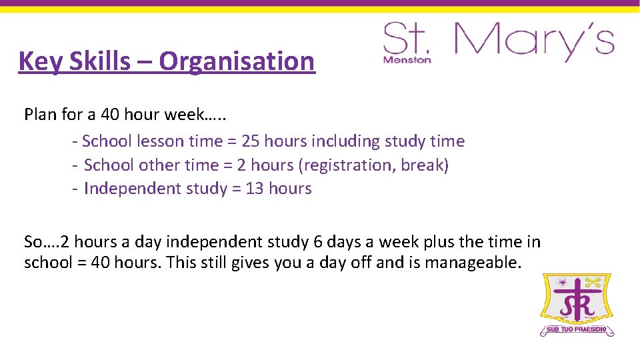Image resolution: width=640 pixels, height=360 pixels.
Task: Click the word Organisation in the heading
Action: coord(237,61)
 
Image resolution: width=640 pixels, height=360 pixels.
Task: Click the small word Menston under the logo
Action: coord(407,59)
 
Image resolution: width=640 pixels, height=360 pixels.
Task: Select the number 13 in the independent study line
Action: coord(255,189)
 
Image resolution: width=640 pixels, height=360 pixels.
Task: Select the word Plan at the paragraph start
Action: coord(40,115)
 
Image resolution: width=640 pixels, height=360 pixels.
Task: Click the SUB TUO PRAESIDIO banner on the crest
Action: coord(578,330)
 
